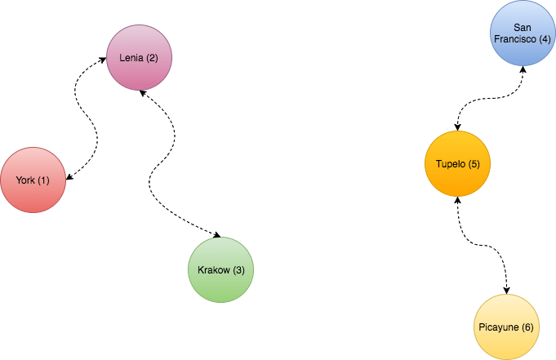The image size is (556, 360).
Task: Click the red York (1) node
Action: (33, 180)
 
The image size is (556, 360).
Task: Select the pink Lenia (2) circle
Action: (140, 58)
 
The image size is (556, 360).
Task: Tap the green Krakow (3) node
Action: (220, 269)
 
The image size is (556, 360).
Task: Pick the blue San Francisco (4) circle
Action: (523, 33)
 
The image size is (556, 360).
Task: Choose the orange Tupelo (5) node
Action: (457, 163)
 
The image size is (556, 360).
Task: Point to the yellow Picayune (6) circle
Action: (505, 327)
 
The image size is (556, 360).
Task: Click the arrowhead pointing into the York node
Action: (69, 176)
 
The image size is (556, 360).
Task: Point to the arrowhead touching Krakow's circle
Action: (216, 235)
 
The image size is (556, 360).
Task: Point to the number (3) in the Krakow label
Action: (238, 270)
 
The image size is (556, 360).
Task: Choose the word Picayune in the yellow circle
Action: (497, 327)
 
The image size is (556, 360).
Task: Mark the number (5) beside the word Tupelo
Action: (474, 164)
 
